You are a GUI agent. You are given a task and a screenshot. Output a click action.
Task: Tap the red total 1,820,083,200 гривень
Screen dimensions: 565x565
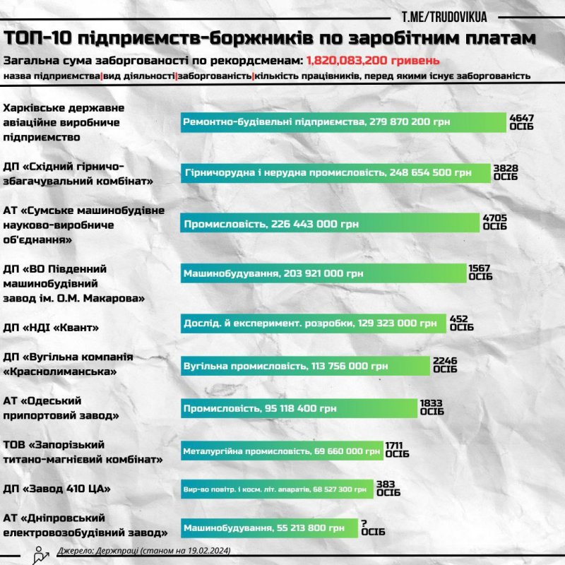(373, 60)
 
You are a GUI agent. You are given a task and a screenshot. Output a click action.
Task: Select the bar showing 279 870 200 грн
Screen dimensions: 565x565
(343, 122)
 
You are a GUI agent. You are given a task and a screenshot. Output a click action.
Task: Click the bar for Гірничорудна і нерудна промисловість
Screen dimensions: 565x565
(335, 172)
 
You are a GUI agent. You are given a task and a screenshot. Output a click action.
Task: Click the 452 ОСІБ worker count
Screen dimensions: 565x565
(460, 323)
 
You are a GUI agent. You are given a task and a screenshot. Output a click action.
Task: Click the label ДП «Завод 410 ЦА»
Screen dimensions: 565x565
(58, 489)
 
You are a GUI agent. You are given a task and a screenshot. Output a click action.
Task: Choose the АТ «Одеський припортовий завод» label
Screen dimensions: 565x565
(60, 408)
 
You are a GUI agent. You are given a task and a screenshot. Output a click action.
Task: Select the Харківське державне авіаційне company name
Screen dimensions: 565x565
(64, 121)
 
